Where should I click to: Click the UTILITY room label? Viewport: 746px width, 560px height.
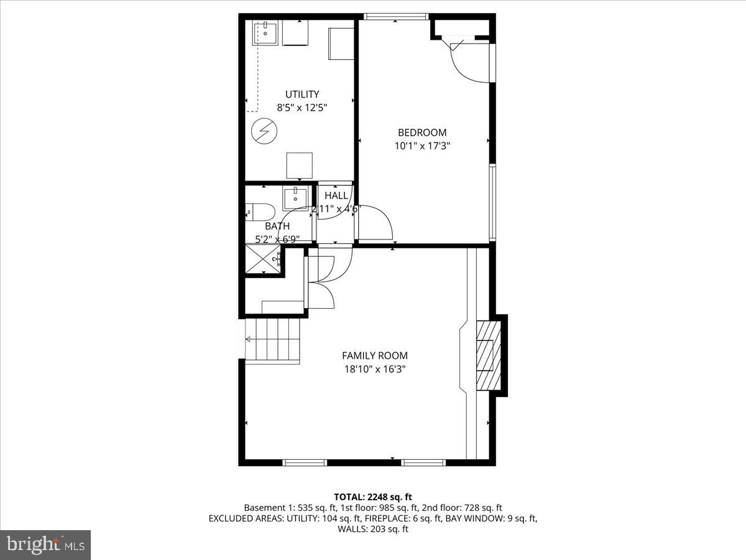coord(302,95)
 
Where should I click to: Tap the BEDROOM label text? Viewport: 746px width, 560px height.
coord(421,133)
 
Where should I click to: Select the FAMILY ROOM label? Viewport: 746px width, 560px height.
coord(374,356)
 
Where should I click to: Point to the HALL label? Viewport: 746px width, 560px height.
coord(336,195)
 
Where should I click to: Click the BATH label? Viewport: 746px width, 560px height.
coord(277,226)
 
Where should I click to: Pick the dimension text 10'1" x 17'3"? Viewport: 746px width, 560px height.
coord(421,146)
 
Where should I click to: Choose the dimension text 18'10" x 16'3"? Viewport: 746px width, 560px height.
coord(374,369)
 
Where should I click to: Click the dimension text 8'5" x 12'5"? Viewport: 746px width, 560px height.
coord(302,107)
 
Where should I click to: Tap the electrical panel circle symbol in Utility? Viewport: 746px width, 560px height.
coord(262,131)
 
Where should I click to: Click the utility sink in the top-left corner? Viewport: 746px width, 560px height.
coord(265,34)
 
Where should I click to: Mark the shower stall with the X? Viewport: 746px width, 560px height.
coord(262,259)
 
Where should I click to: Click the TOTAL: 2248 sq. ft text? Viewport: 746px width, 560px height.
coord(373,497)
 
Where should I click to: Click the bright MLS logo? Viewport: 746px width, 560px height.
coord(45,545)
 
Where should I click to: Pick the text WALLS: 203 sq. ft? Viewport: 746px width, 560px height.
coord(373,529)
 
